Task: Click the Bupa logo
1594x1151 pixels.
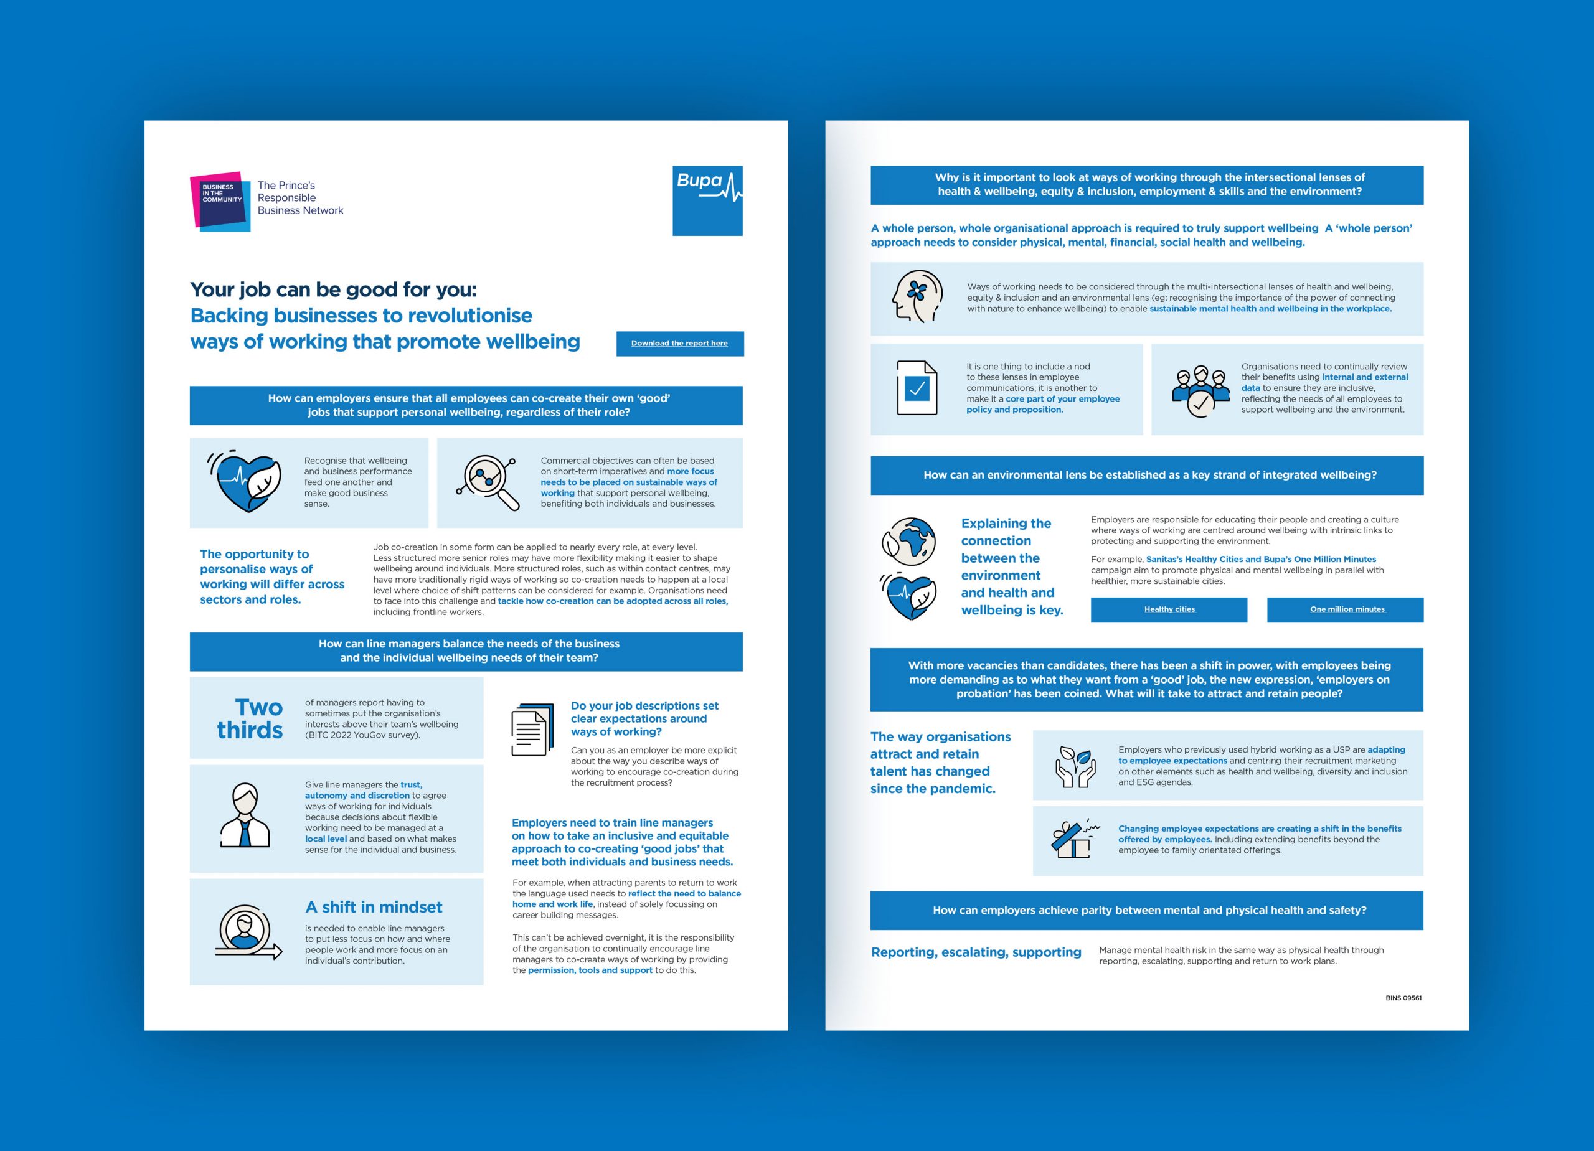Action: tap(707, 200)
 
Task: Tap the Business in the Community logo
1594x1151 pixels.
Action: tap(220, 201)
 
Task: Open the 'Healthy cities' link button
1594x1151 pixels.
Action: tap(1168, 609)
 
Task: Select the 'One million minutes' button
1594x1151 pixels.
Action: tap(1344, 609)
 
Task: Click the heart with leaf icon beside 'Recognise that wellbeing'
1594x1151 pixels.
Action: tap(245, 482)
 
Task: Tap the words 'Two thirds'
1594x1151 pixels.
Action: tap(250, 718)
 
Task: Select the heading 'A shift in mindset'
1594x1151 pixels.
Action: tap(373, 907)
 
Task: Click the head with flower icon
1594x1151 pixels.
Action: tap(916, 297)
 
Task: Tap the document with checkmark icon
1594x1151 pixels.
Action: tap(917, 388)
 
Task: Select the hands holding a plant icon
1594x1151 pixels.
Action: tap(1075, 767)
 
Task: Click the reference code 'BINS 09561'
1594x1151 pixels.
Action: tap(1403, 998)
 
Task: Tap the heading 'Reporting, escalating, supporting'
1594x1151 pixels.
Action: tap(976, 952)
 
